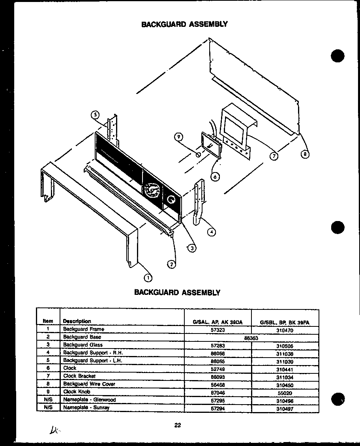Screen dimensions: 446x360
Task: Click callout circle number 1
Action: coord(148,277)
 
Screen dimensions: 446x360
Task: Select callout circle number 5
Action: coord(95,115)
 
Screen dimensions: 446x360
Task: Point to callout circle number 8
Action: coord(305,154)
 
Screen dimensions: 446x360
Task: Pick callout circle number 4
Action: coord(212,232)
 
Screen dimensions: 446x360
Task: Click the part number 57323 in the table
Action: coord(218,329)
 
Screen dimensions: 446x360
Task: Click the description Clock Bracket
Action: coord(79,376)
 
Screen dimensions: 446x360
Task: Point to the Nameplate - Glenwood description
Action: coord(89,400)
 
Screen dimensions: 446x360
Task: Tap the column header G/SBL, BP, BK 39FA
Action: coord(285,322)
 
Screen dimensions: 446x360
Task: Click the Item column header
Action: coord(48,321)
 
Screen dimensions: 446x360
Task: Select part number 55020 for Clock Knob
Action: coord(285,393)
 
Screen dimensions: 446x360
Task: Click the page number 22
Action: coord(177,425)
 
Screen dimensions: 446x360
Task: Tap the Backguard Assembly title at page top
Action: coord(184,24)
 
